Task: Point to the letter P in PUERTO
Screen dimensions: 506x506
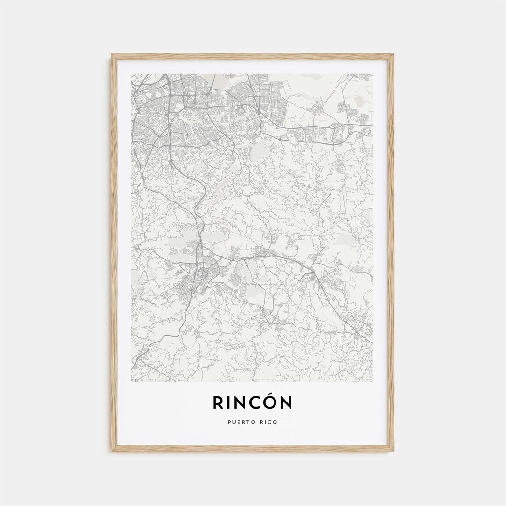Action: click(229, 422)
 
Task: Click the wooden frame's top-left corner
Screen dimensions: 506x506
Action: click(112, 55)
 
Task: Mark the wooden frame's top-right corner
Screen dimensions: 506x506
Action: click(393, 55)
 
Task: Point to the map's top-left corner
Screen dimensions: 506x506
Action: click(132, 74)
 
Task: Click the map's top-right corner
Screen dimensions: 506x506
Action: click(373, 74)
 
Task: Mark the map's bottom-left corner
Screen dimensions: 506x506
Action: click(132, 381)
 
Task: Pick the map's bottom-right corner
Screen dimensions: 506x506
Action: click(373, 381)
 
